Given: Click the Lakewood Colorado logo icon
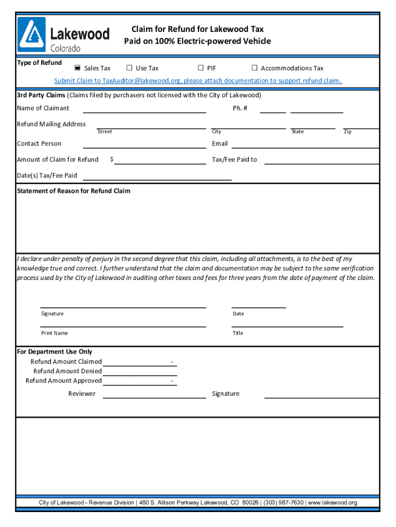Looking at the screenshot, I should pos(32,34).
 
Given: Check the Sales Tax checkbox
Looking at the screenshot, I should pos(78,68).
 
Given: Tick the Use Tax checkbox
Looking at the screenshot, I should pos(130,68).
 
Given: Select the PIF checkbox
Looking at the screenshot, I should pos(201,68).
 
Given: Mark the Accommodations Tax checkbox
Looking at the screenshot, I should pos(255,68).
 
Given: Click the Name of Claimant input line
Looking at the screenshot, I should pos(145,109).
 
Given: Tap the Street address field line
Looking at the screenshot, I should pos(145,126).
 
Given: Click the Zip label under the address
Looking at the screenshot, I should pos(348,132).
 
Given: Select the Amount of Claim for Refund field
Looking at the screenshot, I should pos(160,161).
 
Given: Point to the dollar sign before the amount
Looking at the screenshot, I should pos(112,160).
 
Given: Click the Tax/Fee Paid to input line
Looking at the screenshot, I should pos(321,161).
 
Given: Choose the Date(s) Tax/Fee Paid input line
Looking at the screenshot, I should pos(157,177).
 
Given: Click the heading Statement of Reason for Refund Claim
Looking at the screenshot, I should pos(74,191).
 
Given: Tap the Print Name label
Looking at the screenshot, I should pos(55,333).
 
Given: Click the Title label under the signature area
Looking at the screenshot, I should pos(238,333).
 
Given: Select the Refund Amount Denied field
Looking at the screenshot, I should pos(139,372).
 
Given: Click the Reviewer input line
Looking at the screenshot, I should pos(154,394).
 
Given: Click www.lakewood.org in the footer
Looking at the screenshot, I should pos(333,503).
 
